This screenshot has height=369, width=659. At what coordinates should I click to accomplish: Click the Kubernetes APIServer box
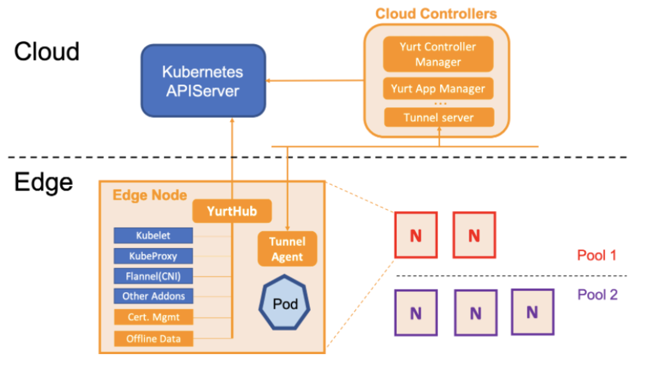[203, 81]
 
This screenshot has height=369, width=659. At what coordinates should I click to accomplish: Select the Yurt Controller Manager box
[438, 54]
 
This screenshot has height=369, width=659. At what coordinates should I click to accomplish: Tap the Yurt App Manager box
[438, 89]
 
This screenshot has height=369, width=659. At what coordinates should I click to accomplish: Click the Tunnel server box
[439, 117]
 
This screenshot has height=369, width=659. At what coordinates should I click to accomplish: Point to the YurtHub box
[232, 211]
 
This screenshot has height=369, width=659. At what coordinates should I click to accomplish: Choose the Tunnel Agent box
[288, 249]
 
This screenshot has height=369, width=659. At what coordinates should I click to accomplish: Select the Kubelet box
[153, 235]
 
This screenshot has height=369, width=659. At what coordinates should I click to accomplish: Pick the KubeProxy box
[153, 256]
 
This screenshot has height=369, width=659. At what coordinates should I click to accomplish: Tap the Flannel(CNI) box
[153, 276]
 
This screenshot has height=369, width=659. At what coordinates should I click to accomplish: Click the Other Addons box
[153, 296]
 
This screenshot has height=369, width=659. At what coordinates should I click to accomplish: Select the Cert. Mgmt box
[154, 317]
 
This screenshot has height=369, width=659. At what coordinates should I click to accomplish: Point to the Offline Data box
[154, 339]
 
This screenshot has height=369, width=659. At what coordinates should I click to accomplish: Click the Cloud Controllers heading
[436, 14]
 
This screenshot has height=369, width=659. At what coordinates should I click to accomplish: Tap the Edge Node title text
[150, 195]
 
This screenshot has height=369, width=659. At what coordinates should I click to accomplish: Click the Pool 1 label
[597, 255]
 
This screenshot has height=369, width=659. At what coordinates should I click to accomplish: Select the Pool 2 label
[598, 294]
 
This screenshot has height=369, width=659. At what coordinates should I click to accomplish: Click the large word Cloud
[47, 52]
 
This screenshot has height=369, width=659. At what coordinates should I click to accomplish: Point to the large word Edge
[44, 183]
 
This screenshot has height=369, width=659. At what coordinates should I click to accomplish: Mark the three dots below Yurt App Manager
[440, 103]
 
